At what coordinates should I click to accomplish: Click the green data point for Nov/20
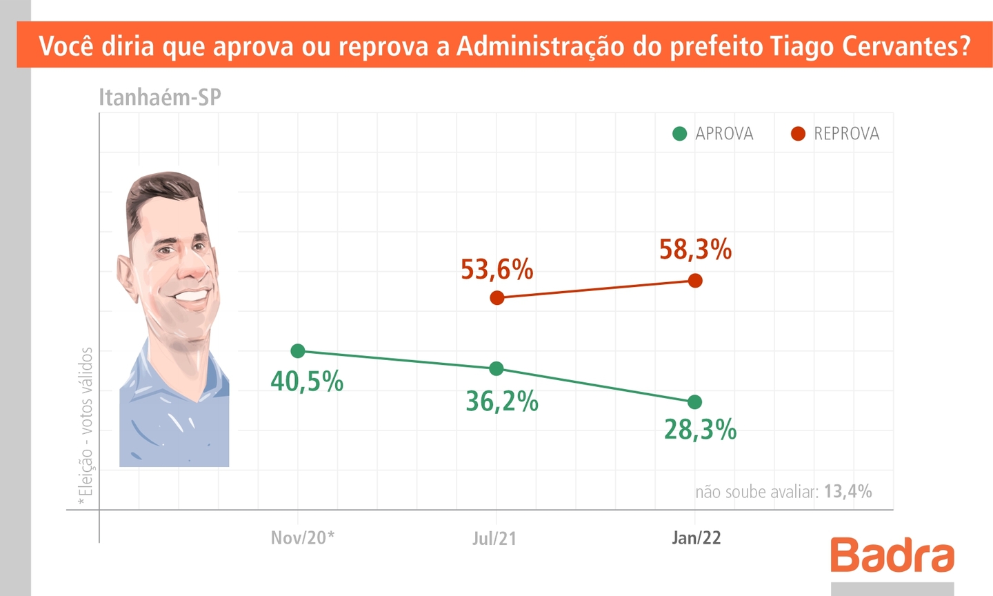298,351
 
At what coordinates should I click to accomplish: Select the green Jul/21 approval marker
496,369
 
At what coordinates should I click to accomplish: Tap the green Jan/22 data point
695,402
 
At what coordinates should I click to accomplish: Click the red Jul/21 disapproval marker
496,298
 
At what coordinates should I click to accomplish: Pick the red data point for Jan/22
695,281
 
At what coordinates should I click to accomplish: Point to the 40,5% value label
307,381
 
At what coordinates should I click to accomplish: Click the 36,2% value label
502,401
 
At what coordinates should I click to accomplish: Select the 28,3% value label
700,430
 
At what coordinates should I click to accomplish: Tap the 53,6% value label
496,270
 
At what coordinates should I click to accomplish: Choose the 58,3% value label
695,250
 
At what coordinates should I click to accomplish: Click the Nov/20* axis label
302,538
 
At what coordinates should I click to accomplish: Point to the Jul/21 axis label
494,539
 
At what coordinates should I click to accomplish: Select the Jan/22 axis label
696,538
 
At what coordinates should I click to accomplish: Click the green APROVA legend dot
680,134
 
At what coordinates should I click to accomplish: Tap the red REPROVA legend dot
798,134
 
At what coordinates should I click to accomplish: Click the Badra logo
892,555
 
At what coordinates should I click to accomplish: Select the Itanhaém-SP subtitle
160,97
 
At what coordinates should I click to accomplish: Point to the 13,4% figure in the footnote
847,492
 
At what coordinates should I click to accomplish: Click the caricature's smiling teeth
192,296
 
